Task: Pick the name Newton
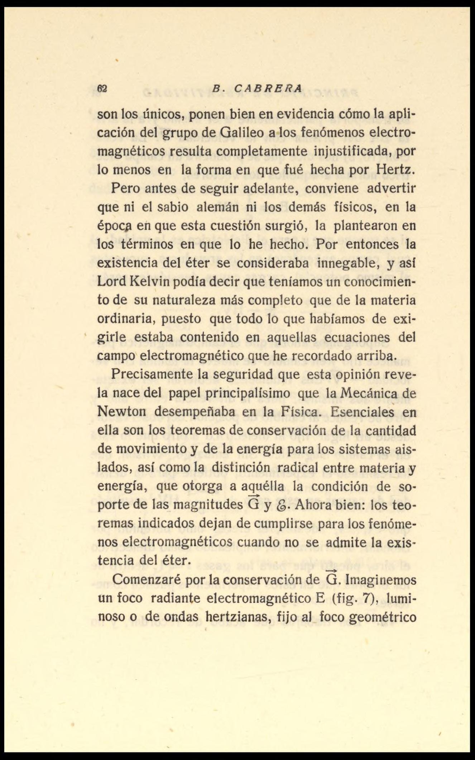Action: [x=120, y=412]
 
